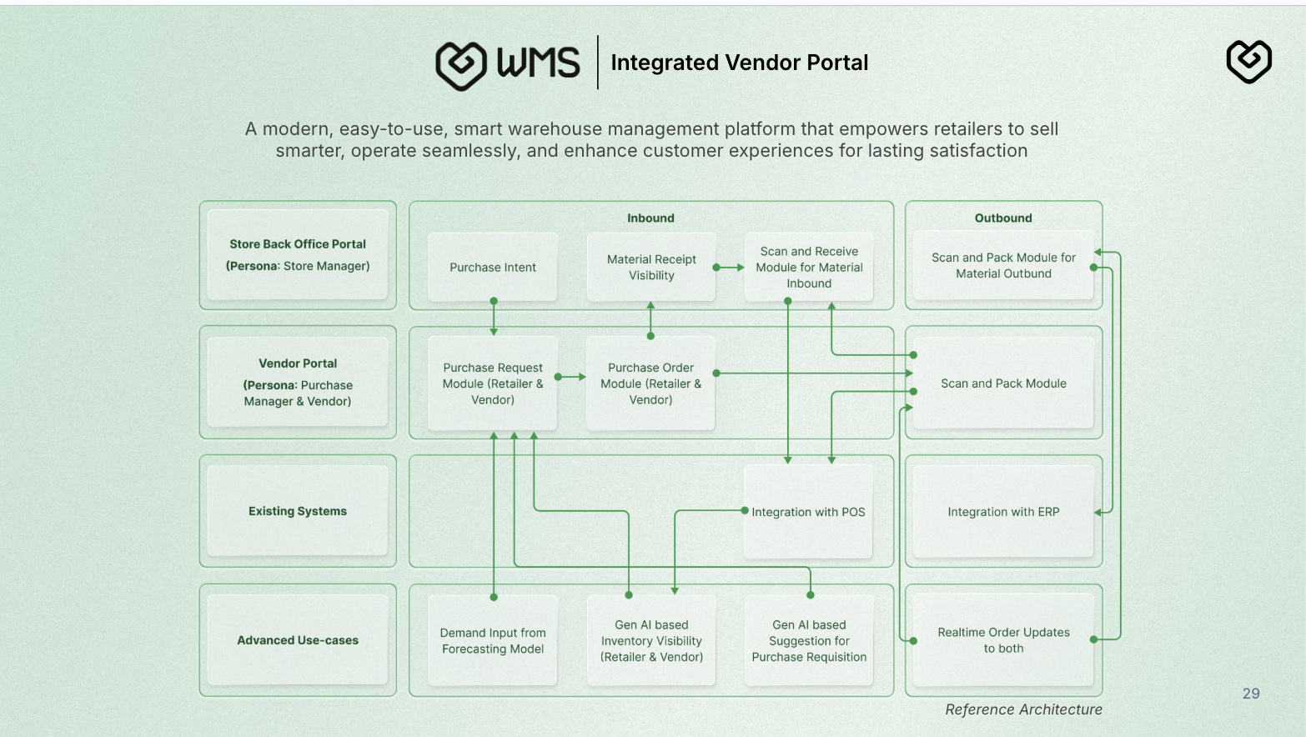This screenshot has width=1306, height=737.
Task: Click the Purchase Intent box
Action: [x=492, y=268]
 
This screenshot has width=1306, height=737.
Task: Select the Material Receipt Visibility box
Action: [x=651, y=268]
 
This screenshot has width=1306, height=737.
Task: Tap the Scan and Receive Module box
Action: [x=809, y=268]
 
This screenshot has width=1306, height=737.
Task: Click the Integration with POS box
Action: [x=808, y=512]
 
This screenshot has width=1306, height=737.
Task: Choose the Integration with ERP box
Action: [x=1003, y=512]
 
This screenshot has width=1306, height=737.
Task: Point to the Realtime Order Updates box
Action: [x=1003, y=640]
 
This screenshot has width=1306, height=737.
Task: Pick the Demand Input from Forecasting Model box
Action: [x=492, y=641]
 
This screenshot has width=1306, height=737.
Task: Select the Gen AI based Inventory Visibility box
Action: [x=651, y=641]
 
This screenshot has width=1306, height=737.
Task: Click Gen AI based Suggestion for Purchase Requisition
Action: [x=809, y=641]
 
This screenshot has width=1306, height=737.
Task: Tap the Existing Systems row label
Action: [x=298, y=511]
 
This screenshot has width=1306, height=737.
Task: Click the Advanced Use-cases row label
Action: [x=298, y=640]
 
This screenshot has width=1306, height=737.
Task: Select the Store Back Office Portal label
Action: [x=298, y=244]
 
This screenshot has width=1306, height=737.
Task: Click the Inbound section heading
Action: [x=650, y=218]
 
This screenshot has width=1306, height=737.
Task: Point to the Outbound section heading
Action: [x=1003, y=218]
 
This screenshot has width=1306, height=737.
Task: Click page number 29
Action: [x=1251, y=694]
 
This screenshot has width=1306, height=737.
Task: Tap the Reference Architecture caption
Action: [x=1023, y=709]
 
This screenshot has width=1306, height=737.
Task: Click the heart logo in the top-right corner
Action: [x=1248, y=62]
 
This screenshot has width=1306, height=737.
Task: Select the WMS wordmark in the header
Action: [x=538, y=63]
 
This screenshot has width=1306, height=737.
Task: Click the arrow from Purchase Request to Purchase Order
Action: [x=571, y=377]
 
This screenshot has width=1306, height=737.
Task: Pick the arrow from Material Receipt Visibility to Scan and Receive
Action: [x=730, y=268]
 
